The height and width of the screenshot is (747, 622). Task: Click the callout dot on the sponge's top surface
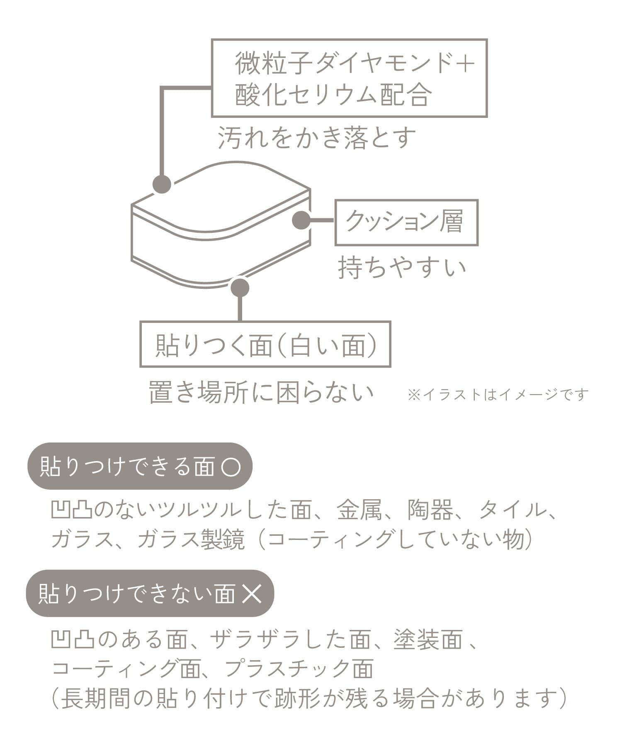point(162,184)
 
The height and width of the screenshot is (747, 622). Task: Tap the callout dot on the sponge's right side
point(301,220)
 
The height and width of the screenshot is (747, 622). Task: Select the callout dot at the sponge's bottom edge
point(240,287)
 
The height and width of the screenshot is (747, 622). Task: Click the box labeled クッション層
point(406,222)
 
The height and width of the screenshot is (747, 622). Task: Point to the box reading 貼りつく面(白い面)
point(265,344)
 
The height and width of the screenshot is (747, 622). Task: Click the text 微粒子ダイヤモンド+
point(355,63)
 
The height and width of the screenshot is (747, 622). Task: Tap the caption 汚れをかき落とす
point(317,138)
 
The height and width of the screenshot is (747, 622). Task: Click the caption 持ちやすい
point(402,268)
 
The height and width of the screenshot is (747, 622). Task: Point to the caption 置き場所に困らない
point(261,393)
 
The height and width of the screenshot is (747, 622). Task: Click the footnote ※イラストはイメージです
point(498,394)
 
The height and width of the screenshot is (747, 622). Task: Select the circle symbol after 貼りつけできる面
point(231,466)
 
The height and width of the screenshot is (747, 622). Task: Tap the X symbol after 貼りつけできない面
point(252,593)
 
